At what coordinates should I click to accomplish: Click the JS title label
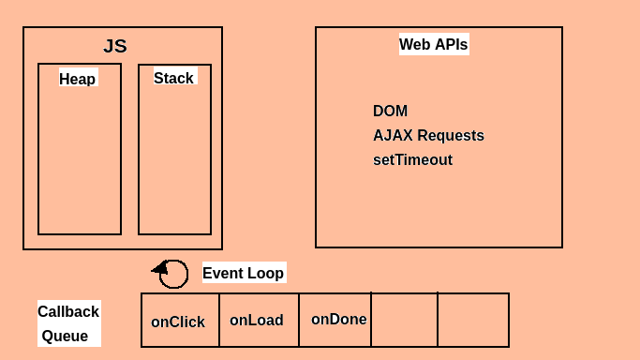pyautogui.click(x=115, y=46)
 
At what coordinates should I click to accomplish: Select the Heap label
pyautogui.click(x=78, y=79)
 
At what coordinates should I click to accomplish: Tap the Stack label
pyautogui.click(x=173, y=78)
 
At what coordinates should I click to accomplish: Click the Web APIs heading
pyautogui.click(x=433, y=44)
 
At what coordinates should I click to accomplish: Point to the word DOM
pyautogui.click(x=390, y=111)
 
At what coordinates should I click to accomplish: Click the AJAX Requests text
pyautogui.click(x=428, y=135)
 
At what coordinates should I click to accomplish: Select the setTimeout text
pyautogui.click(x=412, y=159)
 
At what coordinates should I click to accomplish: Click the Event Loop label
pyautogui.click(x=243, y=273)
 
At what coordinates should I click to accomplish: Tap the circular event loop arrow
pyautogui.click(x=172, y=273)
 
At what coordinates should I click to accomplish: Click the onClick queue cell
pyautogui.click(x=179, y=321)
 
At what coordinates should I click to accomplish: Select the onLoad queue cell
pyautogui.click(x=258, y=321)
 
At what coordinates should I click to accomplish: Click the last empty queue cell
pyautogui.click(x=473, y=321)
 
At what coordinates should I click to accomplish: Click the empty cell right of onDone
pyautogui.click(x=404, y=321)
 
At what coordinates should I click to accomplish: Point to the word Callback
pyautogui.click(x=68, y=311)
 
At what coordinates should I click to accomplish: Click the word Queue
pyautogui.click(x=65, y=336)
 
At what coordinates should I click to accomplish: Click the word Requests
pyautogui.click(x=451, y=135)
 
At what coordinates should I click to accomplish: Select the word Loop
pyautogui.click(x=265, y=273)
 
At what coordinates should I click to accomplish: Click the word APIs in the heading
pyautogui.click(x=451, y=44)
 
